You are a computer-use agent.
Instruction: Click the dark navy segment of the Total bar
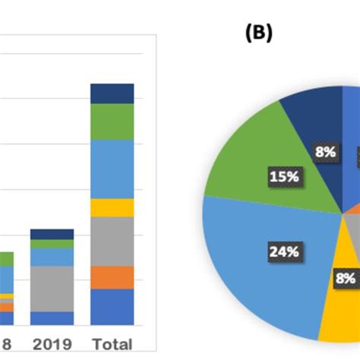(x=112, y=93)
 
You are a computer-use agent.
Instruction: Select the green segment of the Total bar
(x=112, y=122)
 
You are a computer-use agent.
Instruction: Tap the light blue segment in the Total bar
(x=112, y=169)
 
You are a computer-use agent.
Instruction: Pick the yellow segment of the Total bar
(x=112, y=207)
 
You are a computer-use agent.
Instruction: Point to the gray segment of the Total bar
(x=112, y=242)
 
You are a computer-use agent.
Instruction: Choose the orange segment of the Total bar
(x=112, y=277)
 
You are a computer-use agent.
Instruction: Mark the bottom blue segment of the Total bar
(x=112, y=307)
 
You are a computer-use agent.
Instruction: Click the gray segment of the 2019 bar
(x=52, y=289)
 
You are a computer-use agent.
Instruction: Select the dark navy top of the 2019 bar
(x=52, y=234)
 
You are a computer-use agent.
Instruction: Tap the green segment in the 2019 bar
(x=52, y=244)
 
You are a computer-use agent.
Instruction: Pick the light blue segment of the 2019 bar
(x=52, y=257)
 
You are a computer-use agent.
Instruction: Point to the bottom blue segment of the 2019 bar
(x=52, y=318)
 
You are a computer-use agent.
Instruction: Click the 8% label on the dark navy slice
(x=325, y=152)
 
